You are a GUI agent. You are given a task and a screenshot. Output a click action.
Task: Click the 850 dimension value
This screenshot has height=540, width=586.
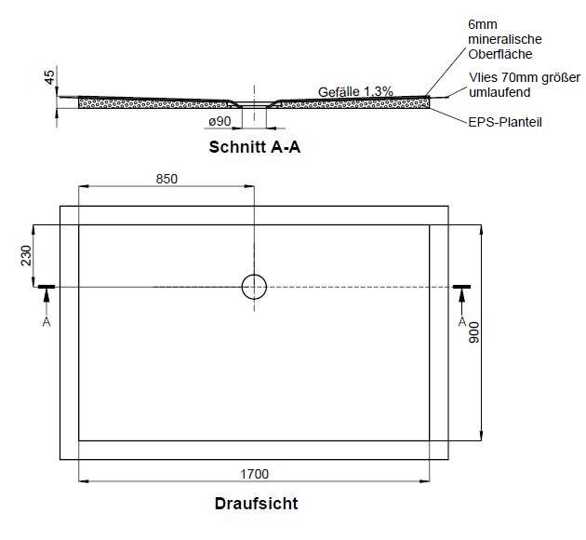coord(166,179)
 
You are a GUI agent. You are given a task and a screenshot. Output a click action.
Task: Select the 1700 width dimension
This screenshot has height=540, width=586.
coord(254,474)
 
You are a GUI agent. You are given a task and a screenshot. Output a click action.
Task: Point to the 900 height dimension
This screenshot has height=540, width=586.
coord(473,332)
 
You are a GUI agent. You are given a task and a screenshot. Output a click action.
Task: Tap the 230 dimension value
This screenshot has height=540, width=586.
coord(26,255)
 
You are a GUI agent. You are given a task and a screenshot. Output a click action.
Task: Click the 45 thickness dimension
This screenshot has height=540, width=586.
coord(49,77)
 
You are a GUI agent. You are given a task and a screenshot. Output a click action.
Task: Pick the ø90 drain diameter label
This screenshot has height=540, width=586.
coord(220,121)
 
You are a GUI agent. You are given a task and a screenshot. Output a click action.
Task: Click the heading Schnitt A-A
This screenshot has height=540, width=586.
coord(255,147)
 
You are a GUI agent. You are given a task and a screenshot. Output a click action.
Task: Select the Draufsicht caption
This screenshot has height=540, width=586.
coord(257,504)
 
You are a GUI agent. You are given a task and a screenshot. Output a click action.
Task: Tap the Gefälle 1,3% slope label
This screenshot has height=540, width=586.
coord(355,91)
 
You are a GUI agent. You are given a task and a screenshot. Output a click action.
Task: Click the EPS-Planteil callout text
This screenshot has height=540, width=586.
coord(505,122)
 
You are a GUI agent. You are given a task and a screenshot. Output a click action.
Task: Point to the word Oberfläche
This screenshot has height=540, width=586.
coord(500,54)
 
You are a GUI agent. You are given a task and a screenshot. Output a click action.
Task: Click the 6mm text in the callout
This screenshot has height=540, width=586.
coord(483,25)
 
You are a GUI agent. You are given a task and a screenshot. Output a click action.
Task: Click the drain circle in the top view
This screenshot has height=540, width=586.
coord(254,275)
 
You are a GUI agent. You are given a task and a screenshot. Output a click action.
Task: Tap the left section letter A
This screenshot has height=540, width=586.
coord(47,321)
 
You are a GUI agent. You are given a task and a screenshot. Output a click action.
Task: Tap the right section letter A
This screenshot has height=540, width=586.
coord(462,321)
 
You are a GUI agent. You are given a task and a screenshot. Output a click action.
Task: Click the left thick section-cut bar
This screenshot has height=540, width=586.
coord(47,287)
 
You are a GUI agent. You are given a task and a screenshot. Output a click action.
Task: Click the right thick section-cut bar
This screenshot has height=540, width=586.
coord(462,287)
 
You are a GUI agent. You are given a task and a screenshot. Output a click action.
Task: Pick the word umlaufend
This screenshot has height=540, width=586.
coord(499,92)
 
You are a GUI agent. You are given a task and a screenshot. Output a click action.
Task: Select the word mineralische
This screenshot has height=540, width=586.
coord(505,39)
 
